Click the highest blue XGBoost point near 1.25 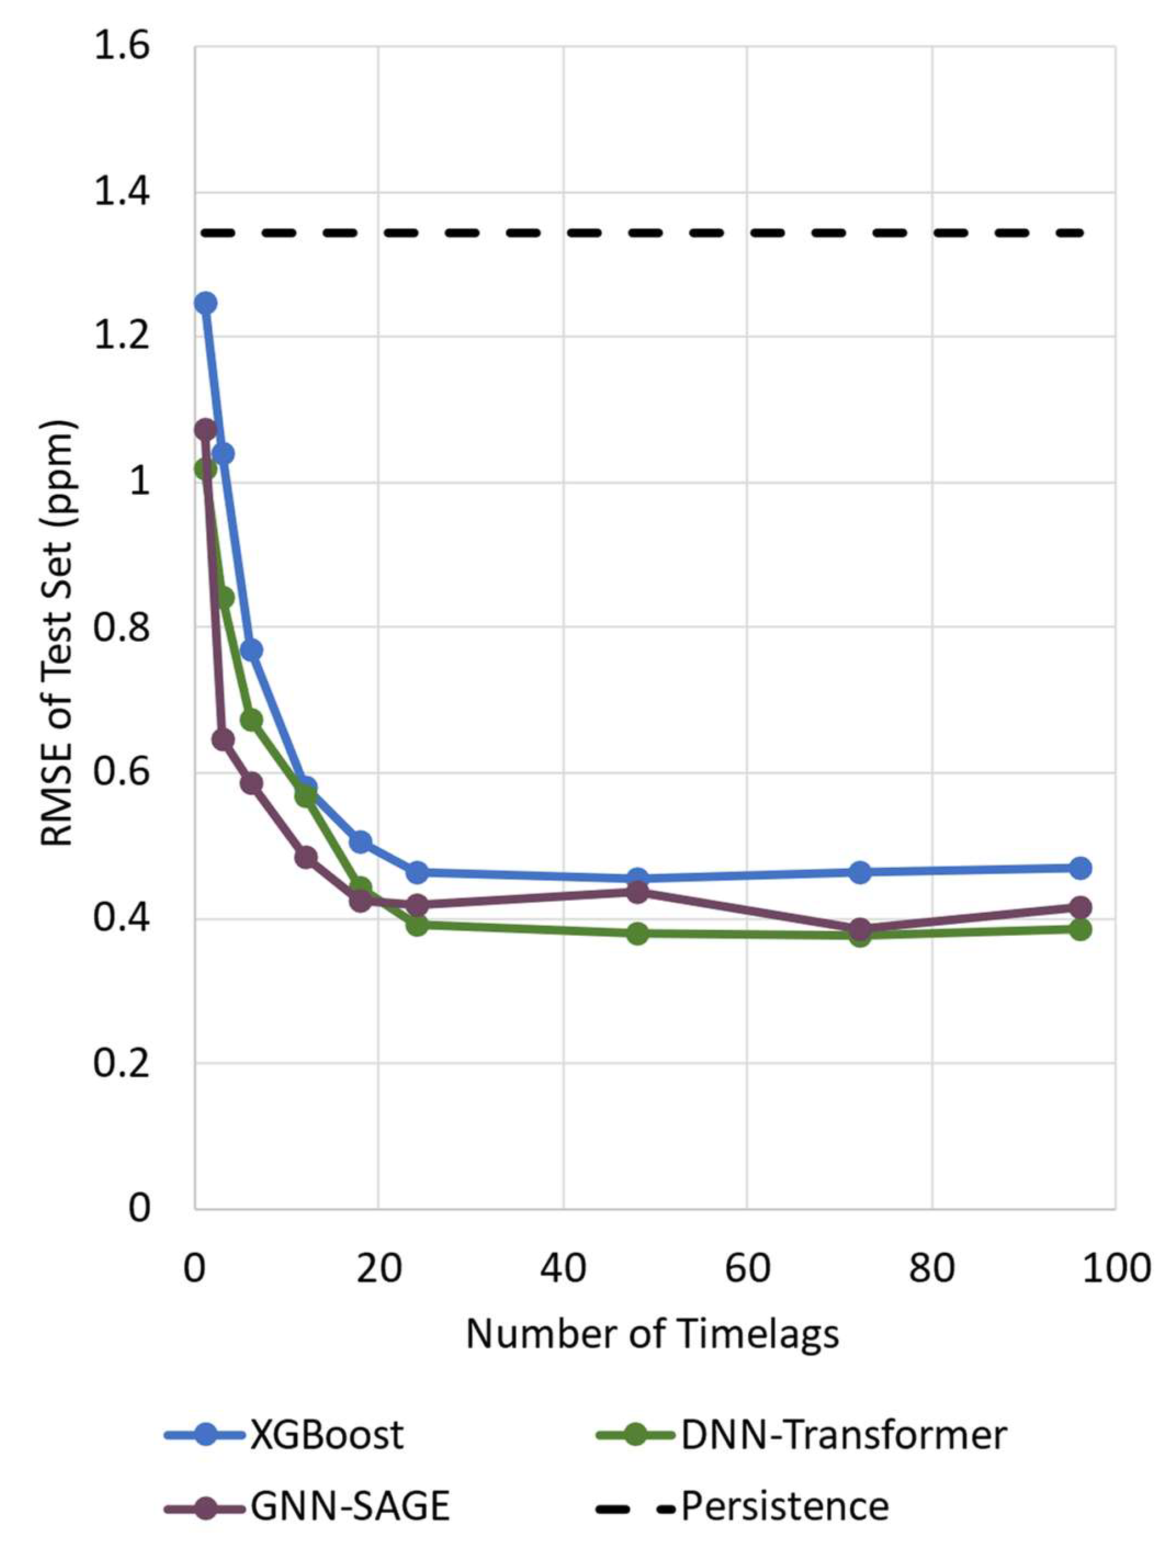tap(205, 303)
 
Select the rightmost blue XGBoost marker tap(1080, 868)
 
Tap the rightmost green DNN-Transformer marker tap(1080, 930)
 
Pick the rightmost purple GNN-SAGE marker tap(1080, 907)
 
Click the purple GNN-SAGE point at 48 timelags tap(637, 892)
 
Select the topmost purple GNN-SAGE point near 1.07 tap(205, 429)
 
